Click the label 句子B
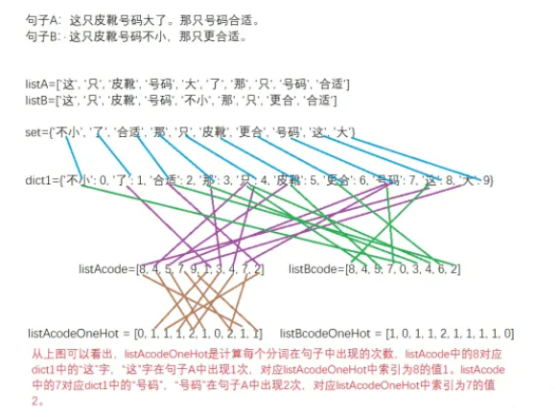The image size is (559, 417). (44, 36)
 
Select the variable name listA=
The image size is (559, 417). (43, 84)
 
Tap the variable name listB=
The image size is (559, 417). (43, 100)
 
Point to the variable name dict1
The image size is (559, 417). (40, 179)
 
